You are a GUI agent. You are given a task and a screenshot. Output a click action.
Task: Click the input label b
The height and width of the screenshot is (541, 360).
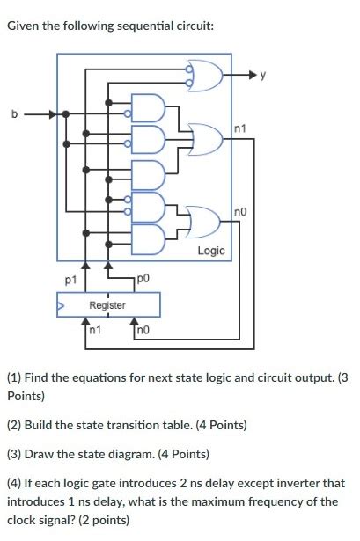pos(13,113)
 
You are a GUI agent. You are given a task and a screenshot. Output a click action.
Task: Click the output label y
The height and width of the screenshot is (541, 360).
pos(261,77)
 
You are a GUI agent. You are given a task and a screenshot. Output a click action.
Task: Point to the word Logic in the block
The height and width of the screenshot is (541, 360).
pos(211,251)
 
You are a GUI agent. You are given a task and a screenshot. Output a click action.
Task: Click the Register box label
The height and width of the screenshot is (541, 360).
pos(107,305)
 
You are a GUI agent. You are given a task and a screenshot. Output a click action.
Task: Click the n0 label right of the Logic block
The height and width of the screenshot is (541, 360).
pos(243,211)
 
